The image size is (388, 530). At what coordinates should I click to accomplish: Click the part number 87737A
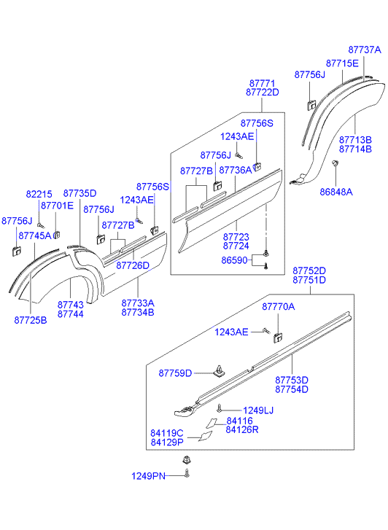click(365, 50)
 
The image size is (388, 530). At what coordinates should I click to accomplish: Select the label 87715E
click(342, 63)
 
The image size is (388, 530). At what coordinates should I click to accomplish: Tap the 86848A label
click(336, 192)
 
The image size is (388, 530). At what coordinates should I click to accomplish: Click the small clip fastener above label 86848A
click(335, 163)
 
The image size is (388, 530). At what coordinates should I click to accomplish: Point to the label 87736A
click(236, 170)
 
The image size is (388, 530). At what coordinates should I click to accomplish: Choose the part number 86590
click(234, 260)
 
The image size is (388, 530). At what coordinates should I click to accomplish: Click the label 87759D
click(175, 373)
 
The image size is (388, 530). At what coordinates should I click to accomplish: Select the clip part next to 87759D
click(220, 371)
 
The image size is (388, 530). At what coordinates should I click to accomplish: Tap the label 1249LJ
click(258, 410)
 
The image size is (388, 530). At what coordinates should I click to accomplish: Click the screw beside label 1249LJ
click(220, 408)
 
